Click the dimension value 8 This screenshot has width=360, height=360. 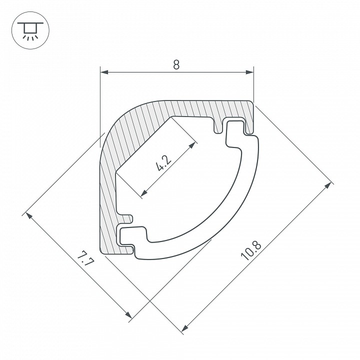click(176, 64)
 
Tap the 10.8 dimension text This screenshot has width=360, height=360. click(250, 250)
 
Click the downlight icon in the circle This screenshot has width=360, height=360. click(30, 30)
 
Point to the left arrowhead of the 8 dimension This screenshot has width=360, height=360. click(104, 72)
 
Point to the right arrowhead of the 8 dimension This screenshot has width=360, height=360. click(250, 72)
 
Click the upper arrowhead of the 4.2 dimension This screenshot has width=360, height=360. click(192, 145)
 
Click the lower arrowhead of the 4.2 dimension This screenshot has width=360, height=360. click(144, 193)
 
